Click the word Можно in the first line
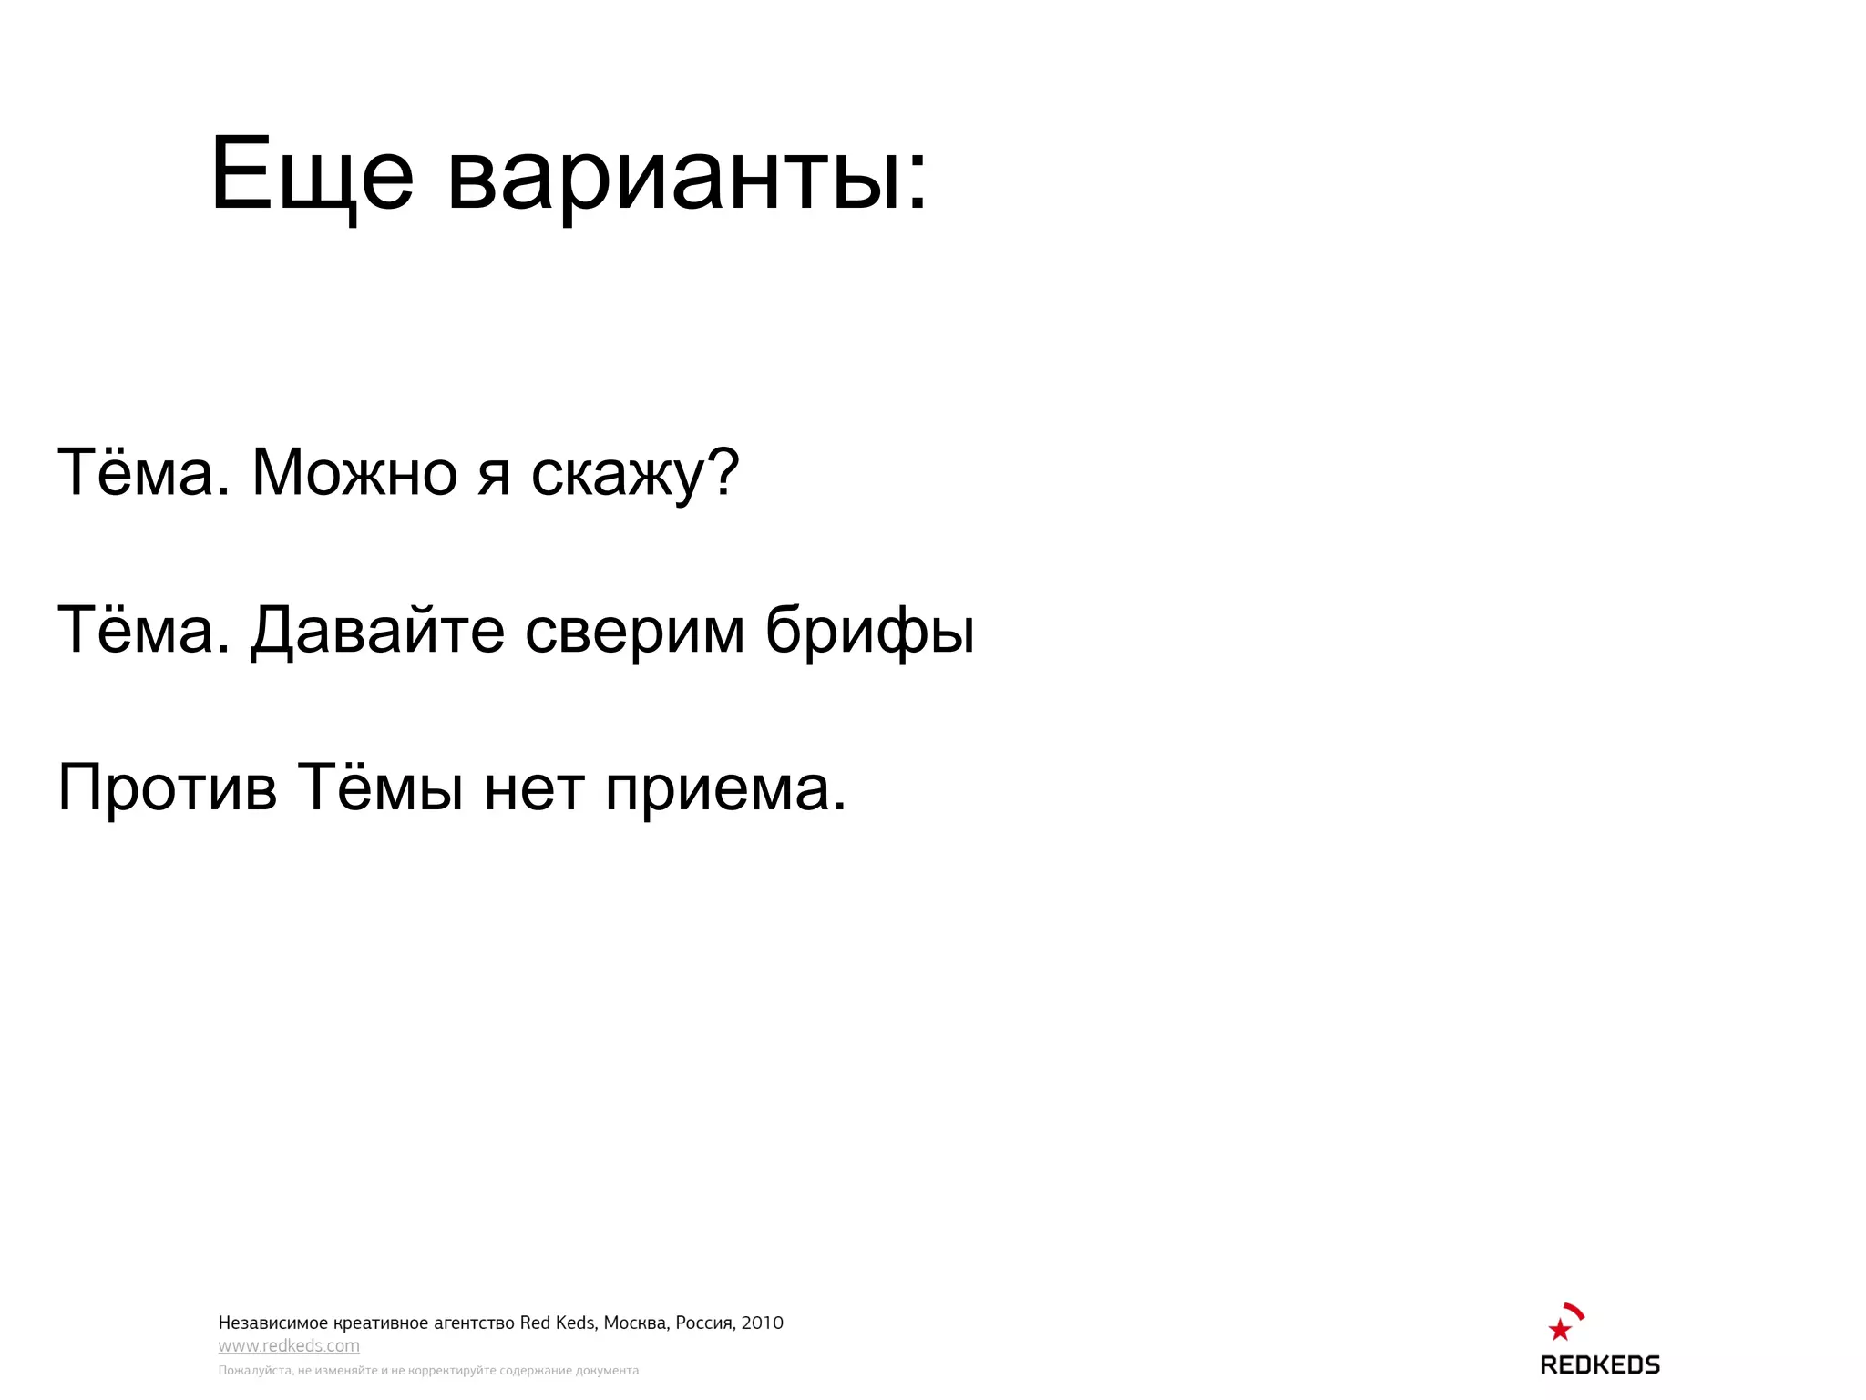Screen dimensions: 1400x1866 [354, 473]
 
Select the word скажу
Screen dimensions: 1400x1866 [619, 475]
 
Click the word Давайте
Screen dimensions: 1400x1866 [377, 631]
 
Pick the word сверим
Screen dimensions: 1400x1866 [635, 631]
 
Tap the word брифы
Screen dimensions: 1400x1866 [869, 631]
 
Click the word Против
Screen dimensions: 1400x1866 [167, 787]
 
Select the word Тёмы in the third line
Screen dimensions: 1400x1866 [381, 787]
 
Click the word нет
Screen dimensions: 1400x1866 [534, 788]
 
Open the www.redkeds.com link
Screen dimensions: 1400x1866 [289, 1345]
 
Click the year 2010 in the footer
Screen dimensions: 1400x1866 [762, 1323]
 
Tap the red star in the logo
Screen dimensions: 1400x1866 [1560, 1330]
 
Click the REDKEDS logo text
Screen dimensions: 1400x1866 [1600, 1364]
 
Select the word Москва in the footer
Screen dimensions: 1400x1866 [635, 1323]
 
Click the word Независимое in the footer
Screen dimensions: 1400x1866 [272, 1323]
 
